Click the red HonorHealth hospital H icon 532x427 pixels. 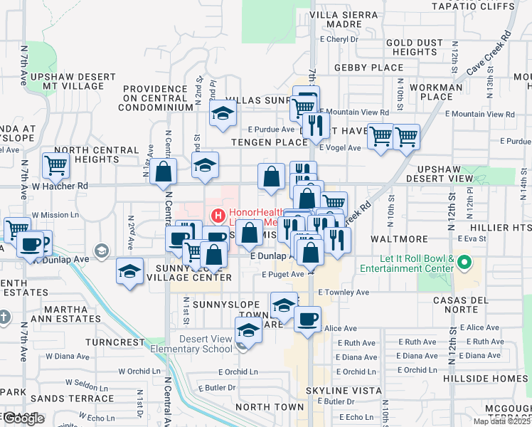pos(217,213)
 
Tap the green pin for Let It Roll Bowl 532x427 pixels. pos(466,263)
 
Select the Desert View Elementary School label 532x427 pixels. pos(206,344)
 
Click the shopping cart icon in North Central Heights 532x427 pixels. pos(55,165)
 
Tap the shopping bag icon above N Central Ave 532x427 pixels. pos(164,172)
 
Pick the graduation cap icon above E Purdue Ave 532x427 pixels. pos(223,113)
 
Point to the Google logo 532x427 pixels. pos(23,418)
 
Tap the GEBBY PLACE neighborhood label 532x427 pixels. pos(369,68)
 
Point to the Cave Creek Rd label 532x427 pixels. pos(490,53)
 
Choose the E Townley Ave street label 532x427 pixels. pos(344,292)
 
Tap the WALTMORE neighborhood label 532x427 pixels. pos(399,239)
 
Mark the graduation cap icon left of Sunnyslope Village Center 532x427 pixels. pos(129,272)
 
